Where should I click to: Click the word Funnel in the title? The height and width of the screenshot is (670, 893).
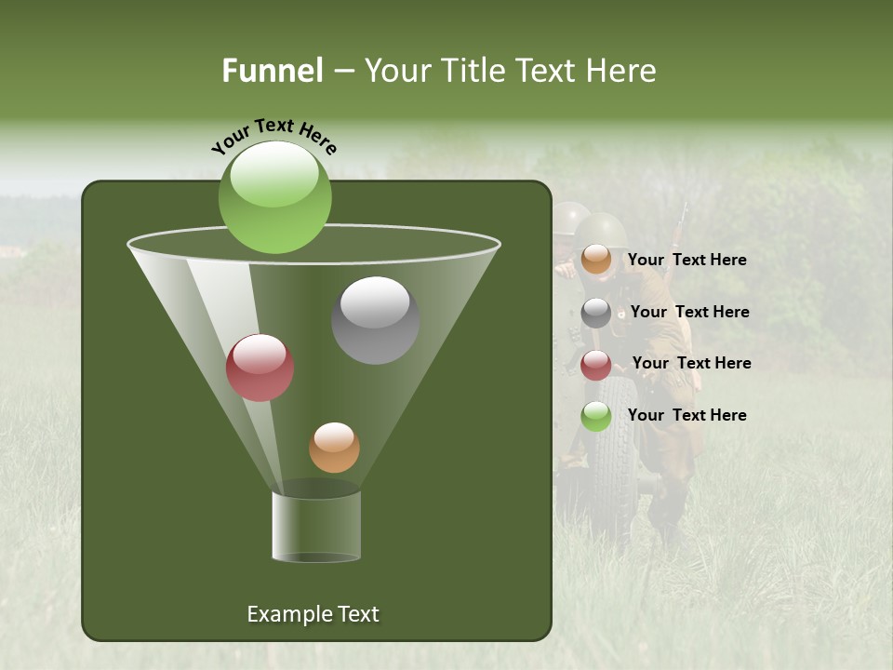[x=272, y=71]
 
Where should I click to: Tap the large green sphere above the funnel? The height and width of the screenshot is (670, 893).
[x=274, y=196]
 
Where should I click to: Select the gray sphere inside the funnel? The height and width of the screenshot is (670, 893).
[x=375, y=320]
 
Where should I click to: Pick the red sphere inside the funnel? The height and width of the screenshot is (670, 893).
[x=260, y=368]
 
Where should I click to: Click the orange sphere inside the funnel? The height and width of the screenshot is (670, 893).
[x=334, y=448]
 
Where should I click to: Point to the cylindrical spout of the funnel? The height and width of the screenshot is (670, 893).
[x=316, y=526]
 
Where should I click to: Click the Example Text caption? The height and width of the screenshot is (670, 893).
[x=313, y=614]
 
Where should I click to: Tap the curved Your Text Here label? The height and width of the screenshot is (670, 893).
[x=273, y=136]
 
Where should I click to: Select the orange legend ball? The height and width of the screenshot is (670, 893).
[x=596, y=260]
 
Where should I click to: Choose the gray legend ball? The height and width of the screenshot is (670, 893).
[x=596, y=313]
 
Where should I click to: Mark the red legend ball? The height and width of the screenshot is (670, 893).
[x=596, y=365]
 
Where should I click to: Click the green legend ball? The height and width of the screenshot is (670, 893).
[x=596, y=416]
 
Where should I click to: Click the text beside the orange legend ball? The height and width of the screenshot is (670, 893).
[x=686, y=260]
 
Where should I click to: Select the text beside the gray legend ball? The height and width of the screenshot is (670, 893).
[x=689, y=312]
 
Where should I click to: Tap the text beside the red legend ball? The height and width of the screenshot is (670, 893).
[x=691, y=363]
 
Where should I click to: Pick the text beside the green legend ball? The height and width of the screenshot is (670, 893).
[x=686, y=415]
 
